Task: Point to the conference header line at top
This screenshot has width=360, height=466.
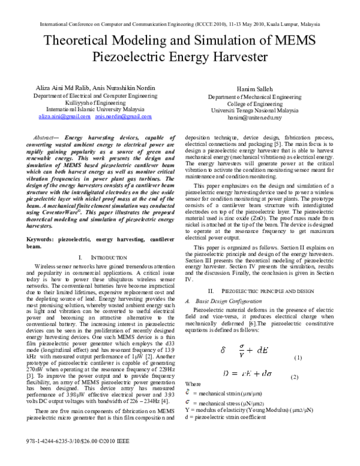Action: click(x=180, y=25)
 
